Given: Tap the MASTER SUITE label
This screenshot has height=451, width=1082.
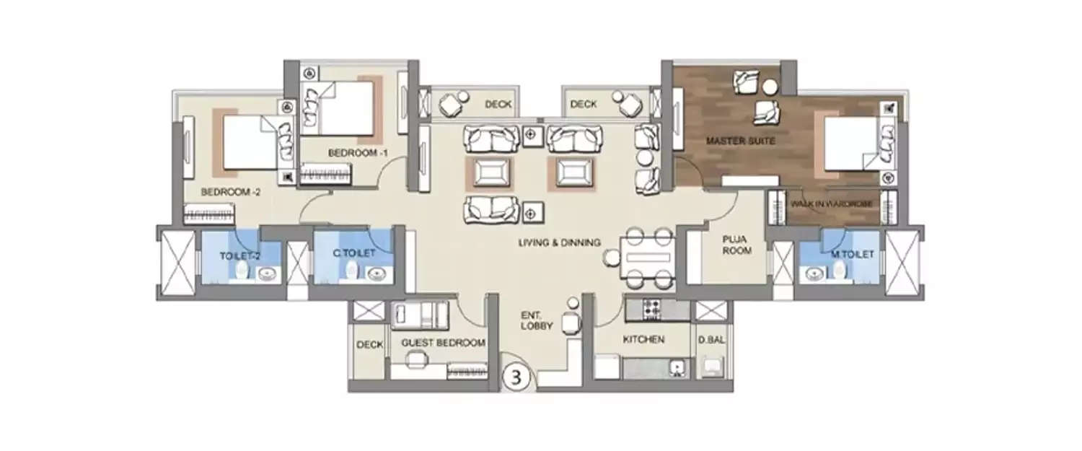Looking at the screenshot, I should (x=731, y=141).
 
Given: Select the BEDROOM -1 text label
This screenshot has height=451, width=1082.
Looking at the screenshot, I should (x=359, y=153).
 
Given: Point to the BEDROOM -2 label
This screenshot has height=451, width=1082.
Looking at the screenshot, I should (x=230, y=192).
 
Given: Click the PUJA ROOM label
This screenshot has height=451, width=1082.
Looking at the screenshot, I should (x=737, y=245).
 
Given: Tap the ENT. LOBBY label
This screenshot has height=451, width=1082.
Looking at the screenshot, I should (x=537, y=320).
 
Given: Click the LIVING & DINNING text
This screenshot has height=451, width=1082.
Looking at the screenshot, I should (x=560, y=243).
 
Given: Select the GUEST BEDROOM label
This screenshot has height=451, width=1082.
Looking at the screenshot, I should (x=443, y=343).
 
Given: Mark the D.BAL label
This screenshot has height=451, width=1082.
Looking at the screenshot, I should (x=711, y=339).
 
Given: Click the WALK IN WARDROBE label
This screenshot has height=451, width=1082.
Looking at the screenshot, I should (x=832, y=204).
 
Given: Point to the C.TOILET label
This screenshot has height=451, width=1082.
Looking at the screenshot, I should (x=353, y=253).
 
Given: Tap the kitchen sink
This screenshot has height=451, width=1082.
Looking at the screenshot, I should (x=677, y=368).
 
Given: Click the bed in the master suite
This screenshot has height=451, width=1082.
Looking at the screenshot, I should (x=851, y=144).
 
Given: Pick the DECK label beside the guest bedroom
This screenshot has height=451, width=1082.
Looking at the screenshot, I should (x=369, y=345).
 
